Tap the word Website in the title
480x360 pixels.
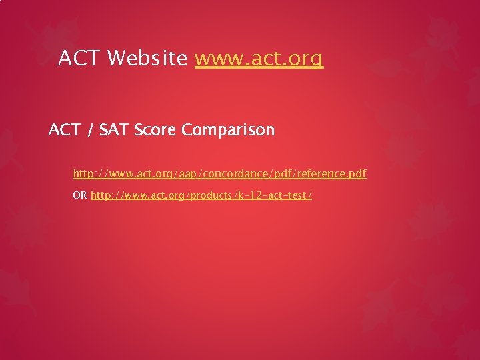[146, 59]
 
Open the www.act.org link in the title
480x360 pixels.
[259, 59]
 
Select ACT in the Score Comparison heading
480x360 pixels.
[64, 130]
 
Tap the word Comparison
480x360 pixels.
[227, 130]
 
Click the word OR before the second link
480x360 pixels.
[80, 195]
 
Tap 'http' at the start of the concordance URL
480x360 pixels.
[83, 174]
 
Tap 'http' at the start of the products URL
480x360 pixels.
[101, 195]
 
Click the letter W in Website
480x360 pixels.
[115, 59]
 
